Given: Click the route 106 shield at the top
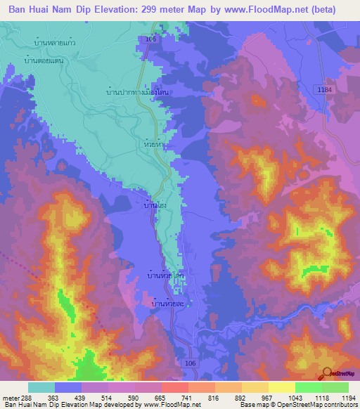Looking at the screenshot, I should (x=151, y=40).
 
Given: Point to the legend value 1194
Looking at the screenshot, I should (x=340, y=397).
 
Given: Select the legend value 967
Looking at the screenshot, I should (x=257, y=397).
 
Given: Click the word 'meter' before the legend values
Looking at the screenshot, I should (x=11, y=397).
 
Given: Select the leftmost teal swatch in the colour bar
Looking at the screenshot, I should (x=41, y=387).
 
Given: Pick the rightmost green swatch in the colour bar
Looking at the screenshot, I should (x=335, y=387).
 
